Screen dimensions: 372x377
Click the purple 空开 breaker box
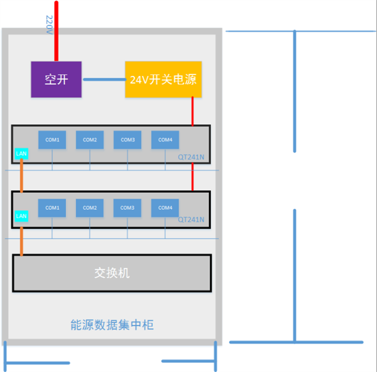(56, 80)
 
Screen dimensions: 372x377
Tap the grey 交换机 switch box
(112, 273)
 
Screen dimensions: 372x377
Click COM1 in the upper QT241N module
(52, 140)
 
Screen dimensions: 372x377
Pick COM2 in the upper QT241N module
(90, 140)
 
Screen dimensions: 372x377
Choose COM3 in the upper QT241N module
(127, 140)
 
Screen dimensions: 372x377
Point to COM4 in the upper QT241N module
(165, 140)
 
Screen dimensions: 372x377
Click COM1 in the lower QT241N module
(52, 208)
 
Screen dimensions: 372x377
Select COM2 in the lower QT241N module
(90, 208)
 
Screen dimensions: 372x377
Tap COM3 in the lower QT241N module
(127, 208)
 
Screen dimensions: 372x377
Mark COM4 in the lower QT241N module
(165, 208)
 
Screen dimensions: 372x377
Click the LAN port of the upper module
(21, 154)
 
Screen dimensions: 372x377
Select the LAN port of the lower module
(21, 216)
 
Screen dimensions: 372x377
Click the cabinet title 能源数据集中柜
(112, 325)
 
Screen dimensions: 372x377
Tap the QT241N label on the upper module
(191, 157)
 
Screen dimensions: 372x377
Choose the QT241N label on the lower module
(191, 219)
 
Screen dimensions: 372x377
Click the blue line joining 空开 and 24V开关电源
(103, 79)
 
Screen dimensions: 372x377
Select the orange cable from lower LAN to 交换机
(22, 241)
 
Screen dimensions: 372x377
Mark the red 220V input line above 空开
(57, 32)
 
